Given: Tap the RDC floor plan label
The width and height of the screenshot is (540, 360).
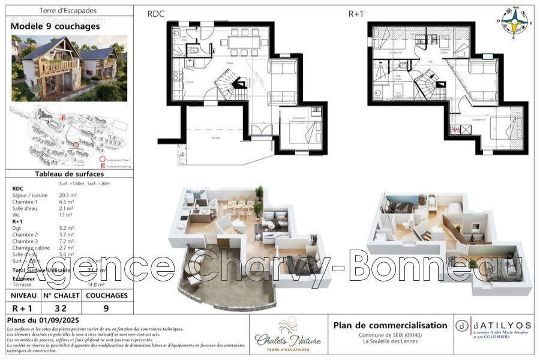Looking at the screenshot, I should tap(157, 14).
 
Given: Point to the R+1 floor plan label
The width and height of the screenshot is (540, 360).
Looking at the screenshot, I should tap(356, 14).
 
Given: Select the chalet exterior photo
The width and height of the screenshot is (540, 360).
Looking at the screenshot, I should tap(69, 68).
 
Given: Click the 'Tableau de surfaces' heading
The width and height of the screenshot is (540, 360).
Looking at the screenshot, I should tap(68, 174).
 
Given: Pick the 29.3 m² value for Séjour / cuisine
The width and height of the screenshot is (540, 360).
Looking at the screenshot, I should tap(67, 195).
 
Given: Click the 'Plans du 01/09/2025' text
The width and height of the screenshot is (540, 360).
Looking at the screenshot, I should tap(43, 320).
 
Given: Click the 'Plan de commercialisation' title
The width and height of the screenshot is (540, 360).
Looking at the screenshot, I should tap(390, 325).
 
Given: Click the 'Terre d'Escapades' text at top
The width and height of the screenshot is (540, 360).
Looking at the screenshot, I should tap(68, 10).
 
